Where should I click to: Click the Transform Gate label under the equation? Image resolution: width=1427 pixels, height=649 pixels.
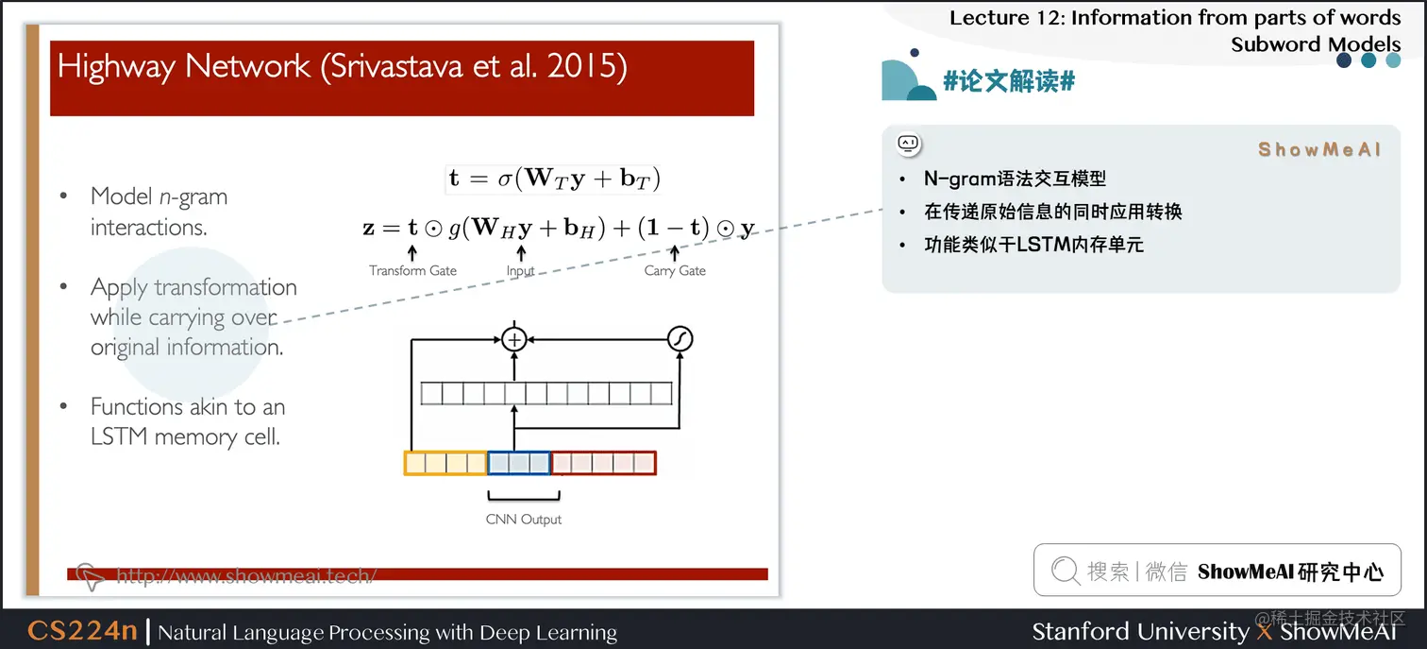(x=412, y=270)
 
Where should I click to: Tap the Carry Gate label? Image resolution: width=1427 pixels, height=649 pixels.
(x=675, y=270)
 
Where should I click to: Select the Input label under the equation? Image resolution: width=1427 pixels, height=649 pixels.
(x=520, y=270)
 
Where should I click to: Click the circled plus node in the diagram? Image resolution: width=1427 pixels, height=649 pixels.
(x=513, y=339)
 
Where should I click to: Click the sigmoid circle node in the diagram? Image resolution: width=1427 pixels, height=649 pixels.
(x=680, y=339)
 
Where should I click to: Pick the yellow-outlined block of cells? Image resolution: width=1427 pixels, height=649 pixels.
(x=445, y=463)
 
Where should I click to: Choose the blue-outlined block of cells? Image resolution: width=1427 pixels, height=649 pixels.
(x=518, y=463)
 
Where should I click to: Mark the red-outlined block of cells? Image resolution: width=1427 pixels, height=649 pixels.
(x=603, y=463)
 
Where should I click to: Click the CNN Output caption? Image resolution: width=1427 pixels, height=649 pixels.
(x=524, y=520)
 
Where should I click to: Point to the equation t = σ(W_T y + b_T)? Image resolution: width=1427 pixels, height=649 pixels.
(x=553, y=179)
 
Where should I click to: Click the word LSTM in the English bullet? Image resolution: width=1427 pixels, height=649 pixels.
(x=121, y=437)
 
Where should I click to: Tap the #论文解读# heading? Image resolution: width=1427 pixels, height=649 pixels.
(x=1009, y=81)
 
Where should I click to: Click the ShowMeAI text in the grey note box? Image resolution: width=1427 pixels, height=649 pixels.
(x=1319, y=149)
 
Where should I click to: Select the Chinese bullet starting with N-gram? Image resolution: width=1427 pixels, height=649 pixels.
(x=1015, y=179)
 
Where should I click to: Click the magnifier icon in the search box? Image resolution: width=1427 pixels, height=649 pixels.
(x=1065, y=571)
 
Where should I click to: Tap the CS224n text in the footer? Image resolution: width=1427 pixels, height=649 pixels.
(x=82, y=631)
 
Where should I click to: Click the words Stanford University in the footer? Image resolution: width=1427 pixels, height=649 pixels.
(x=1140, y=631)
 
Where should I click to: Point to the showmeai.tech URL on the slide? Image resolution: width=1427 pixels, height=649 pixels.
(x=245, y=575)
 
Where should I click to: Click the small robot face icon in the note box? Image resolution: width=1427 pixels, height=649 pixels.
(x=908, y=144)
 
